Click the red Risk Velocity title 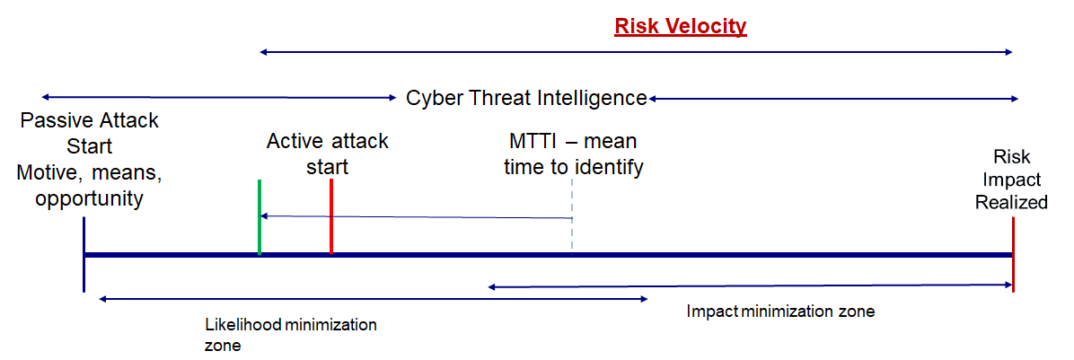[680, 26]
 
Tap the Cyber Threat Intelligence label [526, 98]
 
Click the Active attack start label [328, 154]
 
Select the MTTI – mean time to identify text [573, 154]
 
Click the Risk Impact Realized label [1011, 179]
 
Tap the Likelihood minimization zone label [291, 334]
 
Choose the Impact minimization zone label [780, 312]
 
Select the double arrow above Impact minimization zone [751, 286]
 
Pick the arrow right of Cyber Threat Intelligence [834, 97]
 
